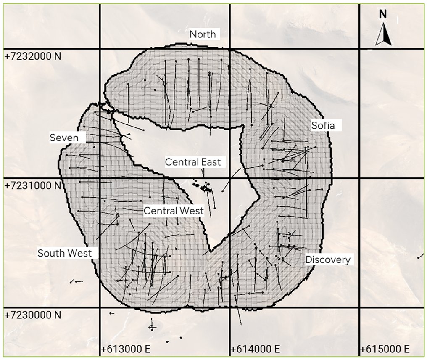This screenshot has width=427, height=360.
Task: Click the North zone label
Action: (203, 34)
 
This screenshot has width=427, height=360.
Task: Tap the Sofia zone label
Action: (326, 125)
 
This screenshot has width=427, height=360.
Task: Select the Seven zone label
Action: (67, 137)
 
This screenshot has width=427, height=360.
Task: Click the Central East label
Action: (192, 162)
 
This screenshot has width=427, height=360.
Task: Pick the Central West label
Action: (174, 211)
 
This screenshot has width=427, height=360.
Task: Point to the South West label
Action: (64, 253)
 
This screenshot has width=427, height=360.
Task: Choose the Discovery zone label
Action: (328, 259)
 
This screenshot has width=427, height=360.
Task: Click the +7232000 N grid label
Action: (33, 56)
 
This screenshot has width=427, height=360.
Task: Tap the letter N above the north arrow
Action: (383, 14)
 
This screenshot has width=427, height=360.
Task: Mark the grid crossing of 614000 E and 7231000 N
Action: (229, 178)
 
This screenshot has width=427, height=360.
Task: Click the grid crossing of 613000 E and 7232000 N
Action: (100, 49)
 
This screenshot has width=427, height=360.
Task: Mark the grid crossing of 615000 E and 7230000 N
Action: (359, 308)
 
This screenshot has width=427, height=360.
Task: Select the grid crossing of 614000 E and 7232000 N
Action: (229, 49)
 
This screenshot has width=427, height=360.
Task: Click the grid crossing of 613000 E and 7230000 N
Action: (100, 308)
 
